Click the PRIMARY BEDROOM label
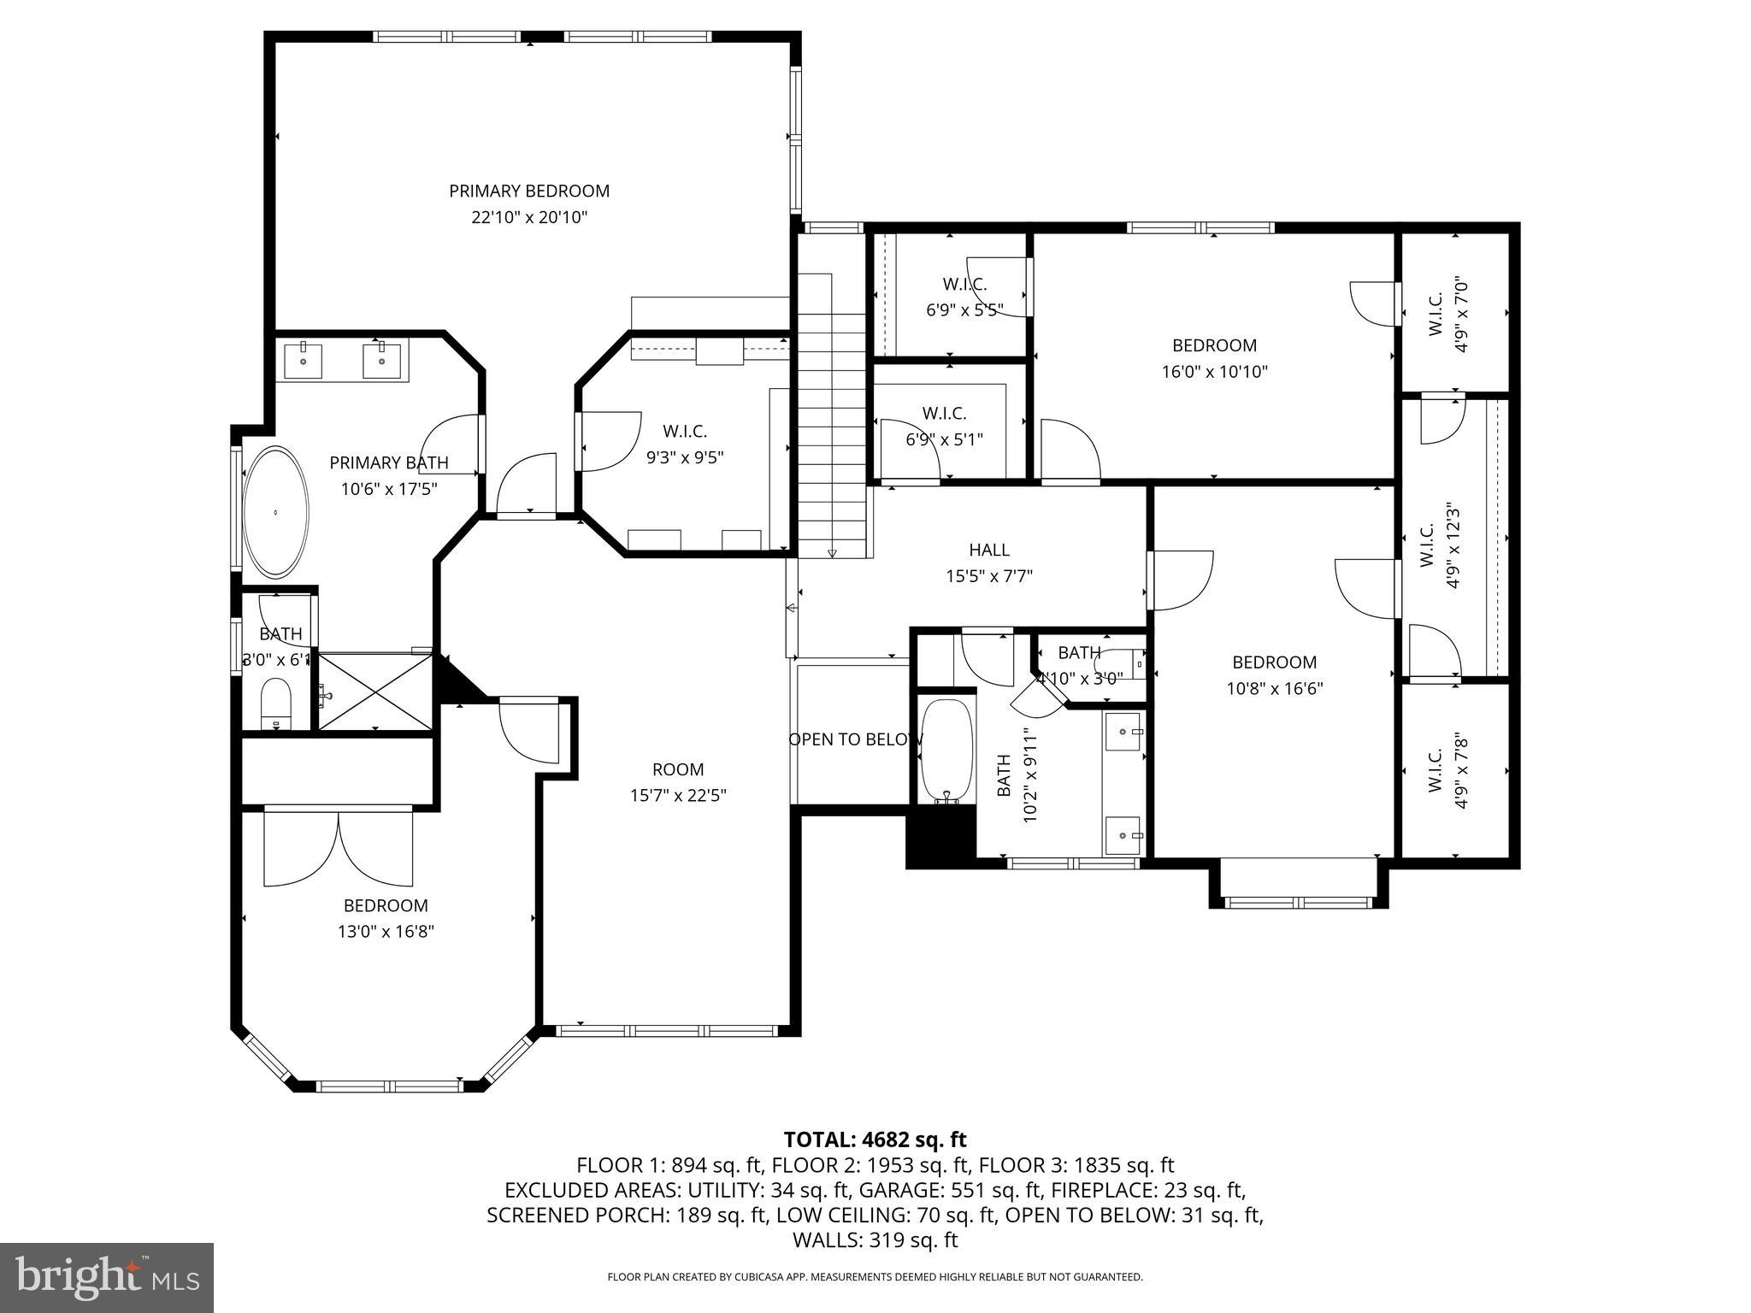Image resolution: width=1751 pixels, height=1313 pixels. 529,191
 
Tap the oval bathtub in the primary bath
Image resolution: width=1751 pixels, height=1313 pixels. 275,511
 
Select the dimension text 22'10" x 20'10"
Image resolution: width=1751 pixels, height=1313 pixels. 529,217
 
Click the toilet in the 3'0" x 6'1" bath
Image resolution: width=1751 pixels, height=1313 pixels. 275,703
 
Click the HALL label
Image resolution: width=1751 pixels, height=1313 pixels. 989,550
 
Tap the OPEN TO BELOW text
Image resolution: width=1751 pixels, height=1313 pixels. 855,739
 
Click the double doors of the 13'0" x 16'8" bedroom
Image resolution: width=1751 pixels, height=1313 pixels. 339,849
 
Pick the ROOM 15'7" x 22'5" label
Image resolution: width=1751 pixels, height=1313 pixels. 678,782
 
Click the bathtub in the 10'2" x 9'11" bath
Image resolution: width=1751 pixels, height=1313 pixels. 946,751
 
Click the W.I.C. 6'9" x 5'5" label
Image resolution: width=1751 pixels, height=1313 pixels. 964,297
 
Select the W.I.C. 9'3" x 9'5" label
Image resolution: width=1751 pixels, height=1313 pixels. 685,445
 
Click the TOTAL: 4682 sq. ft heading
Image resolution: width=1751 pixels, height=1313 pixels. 875,1139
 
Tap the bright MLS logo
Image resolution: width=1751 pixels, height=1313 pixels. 106,1277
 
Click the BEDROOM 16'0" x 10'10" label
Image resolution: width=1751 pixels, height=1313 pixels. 1214,358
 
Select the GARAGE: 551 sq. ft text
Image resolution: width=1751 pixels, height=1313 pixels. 951,1190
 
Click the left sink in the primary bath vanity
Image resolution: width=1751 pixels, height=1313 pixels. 303,360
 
